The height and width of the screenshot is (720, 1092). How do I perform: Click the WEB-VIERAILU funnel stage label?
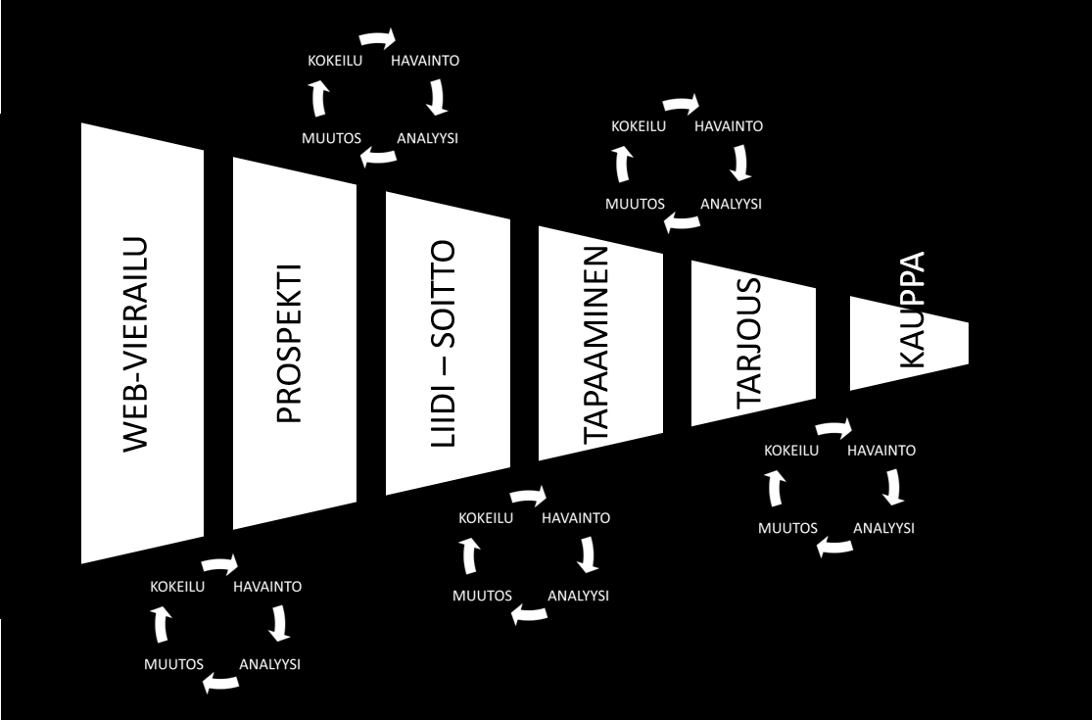coord(136,345)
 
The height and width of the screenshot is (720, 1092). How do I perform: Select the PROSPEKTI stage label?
coord(289,343)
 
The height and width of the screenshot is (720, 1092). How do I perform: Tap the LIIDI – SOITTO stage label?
coord(443,343)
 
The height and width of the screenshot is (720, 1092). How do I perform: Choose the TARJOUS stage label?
coord(749,343)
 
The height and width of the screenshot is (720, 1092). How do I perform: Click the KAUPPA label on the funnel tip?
coord(911,310)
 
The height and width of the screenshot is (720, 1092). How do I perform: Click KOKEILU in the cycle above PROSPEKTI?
coord(335,61)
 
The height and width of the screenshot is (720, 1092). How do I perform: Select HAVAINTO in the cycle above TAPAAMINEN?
coord(729,126)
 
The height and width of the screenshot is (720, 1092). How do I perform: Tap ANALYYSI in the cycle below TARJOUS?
coord(883,528)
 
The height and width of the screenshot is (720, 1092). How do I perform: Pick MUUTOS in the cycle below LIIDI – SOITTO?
coord(482,596)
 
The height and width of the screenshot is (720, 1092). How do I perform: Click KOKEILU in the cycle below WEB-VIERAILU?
coord(177,587)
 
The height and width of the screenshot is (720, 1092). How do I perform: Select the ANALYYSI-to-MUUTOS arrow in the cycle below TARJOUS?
coord(834,546)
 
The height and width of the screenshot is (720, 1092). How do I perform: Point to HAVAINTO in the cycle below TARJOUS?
coord(881,450)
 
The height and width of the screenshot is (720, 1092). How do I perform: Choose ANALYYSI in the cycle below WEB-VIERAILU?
coord(269,663)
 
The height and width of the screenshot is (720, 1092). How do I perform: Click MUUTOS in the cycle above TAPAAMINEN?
coord(635,204)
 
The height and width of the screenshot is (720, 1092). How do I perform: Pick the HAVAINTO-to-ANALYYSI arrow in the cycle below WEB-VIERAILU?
coord(280,623)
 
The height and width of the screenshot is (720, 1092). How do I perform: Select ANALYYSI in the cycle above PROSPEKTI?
coord(428,138)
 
